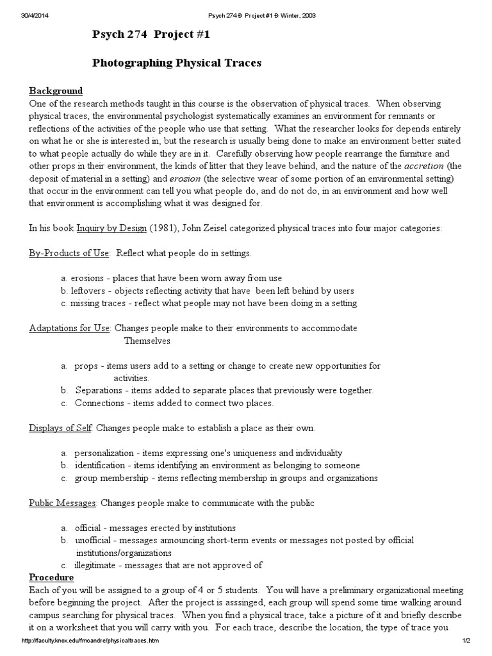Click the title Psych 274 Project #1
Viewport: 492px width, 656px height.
tap(151, 35)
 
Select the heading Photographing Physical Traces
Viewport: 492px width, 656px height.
tap(177, 63)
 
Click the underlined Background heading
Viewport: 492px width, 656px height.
tap(56, 90)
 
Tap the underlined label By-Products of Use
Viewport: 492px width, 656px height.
tap(69, 253)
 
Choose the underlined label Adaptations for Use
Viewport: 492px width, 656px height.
tap(70, 328)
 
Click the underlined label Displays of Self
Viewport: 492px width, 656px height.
tap(61, 427)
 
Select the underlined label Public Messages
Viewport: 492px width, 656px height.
tap(63, 503)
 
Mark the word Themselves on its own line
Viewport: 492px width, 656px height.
tap(147, 341)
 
